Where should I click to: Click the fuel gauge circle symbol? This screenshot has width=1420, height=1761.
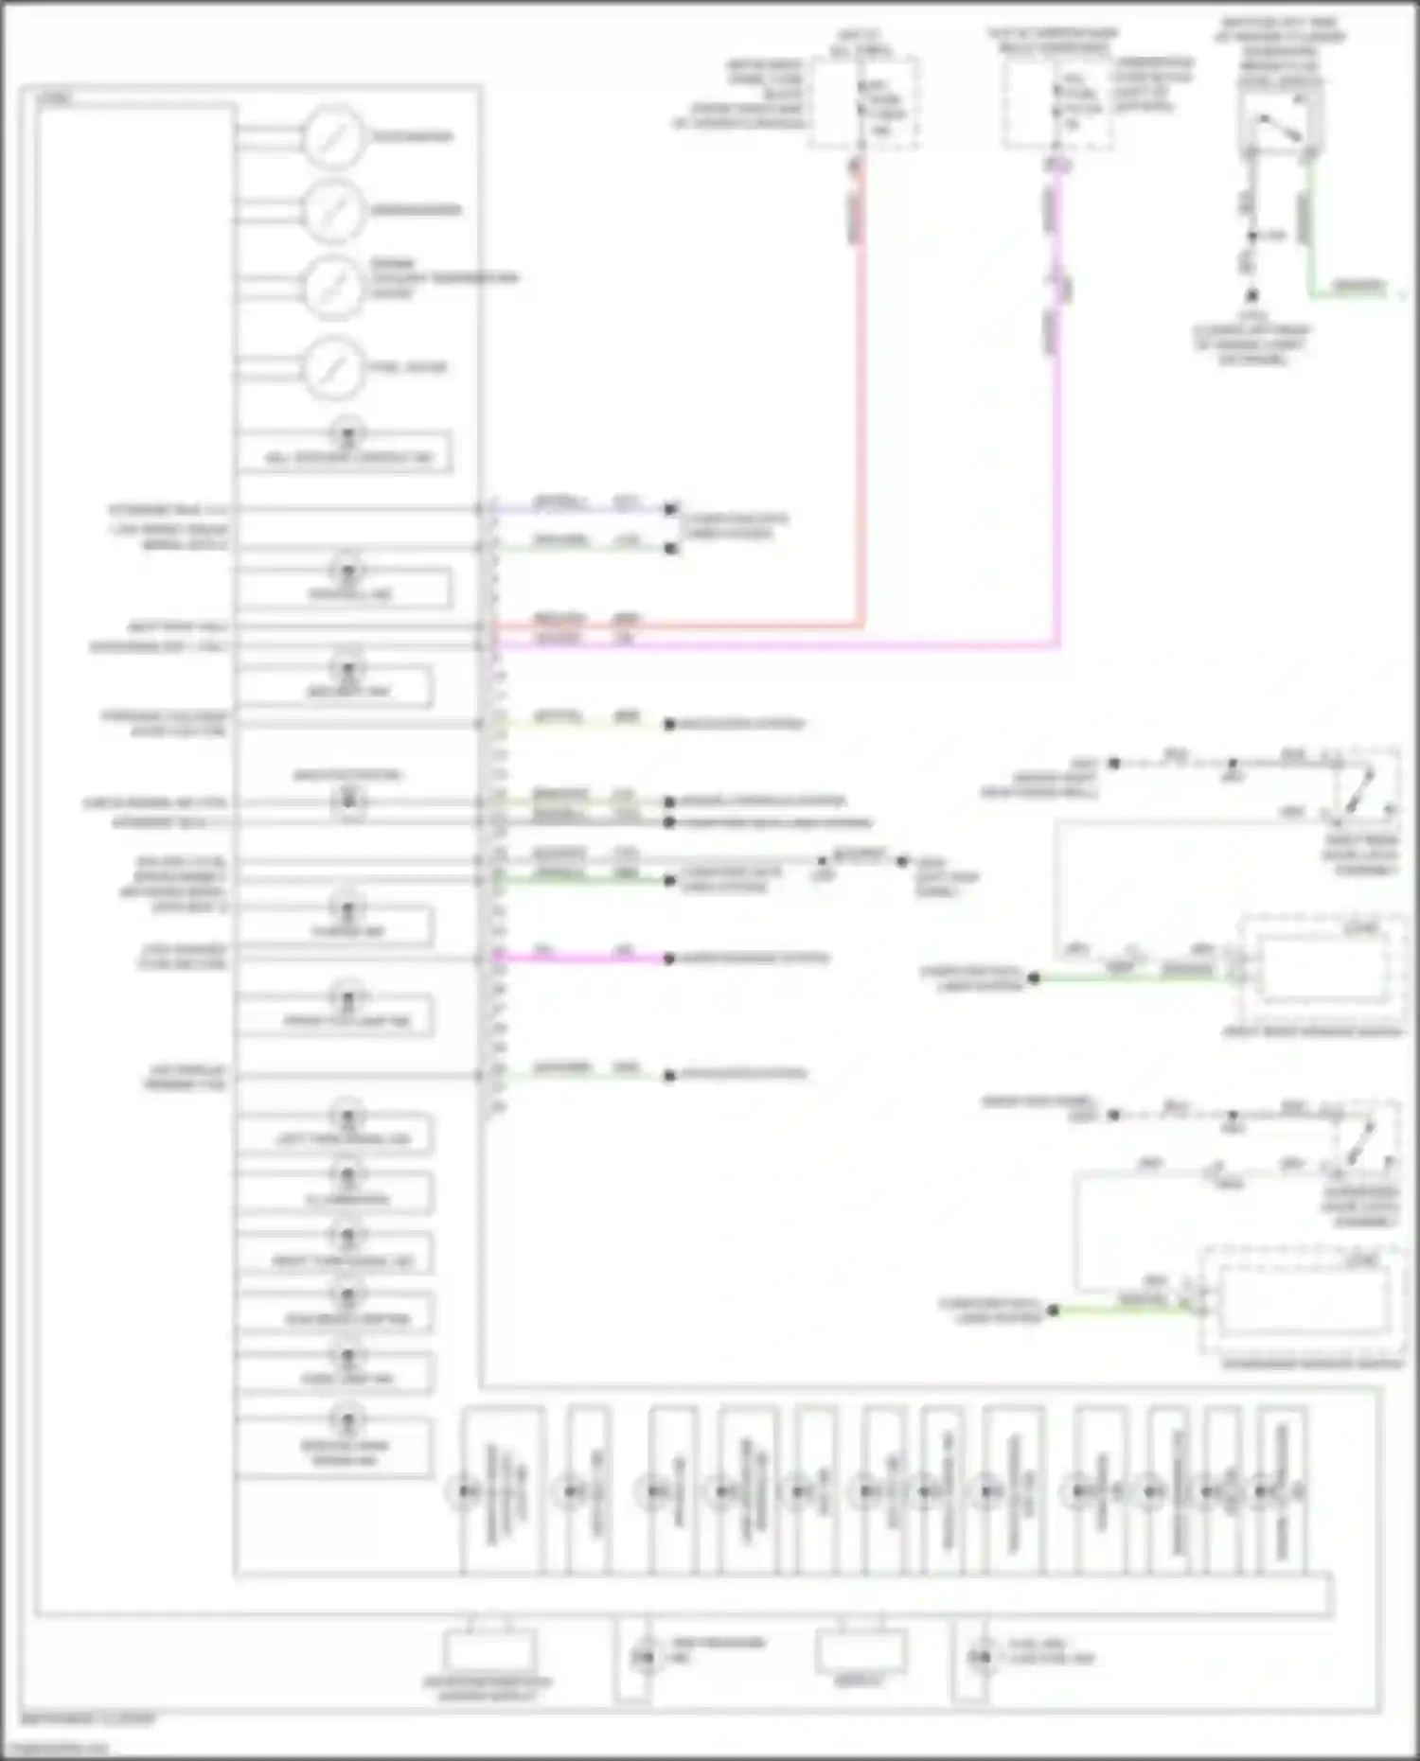333,367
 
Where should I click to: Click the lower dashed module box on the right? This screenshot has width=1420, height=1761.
1302,1301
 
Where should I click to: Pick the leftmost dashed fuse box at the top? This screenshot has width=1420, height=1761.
863,102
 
